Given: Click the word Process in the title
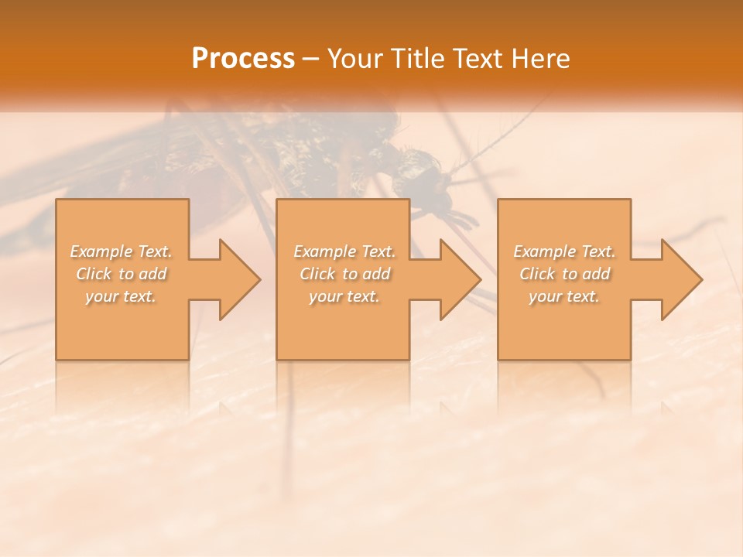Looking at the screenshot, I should [243, 59].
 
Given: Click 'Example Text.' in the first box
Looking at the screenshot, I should [122, 251].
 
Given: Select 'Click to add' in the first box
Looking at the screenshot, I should [122, 274].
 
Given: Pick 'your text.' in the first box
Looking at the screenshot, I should [122, 296].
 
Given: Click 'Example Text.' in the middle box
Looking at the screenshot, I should [344, 251].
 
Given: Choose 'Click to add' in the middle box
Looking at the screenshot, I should [344, 274].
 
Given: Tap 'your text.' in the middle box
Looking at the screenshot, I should [344, 296].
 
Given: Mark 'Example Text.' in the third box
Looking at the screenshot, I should [564, 251].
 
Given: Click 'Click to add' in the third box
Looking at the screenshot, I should [564, 274].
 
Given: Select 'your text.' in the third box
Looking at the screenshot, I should [564, 296].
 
